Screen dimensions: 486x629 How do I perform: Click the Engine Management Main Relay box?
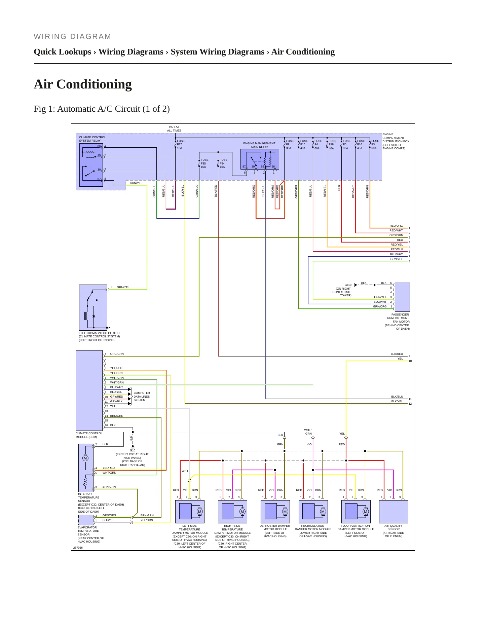(260, 159)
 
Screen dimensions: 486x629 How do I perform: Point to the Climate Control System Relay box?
(91, 165)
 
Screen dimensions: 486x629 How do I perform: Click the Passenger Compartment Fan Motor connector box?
(402, 297)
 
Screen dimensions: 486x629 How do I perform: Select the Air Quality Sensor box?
(394, 512)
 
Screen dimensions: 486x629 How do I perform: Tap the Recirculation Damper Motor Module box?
(313, 512)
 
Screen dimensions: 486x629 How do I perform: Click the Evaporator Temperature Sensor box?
(86, 520)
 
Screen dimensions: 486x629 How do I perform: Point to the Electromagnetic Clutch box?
(93, 307)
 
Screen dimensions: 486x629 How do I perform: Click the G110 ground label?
(348, 285)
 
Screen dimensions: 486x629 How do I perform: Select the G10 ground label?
(133, 450)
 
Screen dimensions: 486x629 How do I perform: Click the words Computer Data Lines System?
(142, 397)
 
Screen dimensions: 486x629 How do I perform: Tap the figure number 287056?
(78, 548)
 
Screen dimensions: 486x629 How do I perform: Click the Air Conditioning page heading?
(83, 84)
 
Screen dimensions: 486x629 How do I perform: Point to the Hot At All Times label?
(174, 129)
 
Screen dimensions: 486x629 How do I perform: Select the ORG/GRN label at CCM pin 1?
(117, 354)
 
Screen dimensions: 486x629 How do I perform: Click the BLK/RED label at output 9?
(397, 354)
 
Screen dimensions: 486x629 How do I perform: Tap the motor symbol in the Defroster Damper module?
(285, 512)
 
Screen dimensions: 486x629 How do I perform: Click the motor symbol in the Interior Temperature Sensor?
(85, 458)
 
